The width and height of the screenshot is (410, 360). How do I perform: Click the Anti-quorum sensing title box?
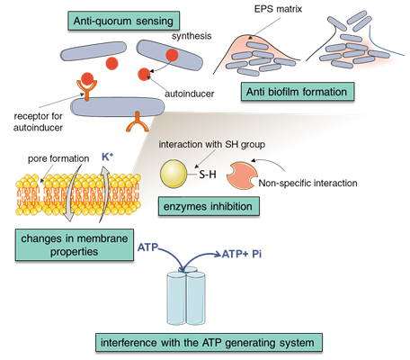coord(123,21)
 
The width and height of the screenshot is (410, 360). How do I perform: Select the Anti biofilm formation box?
coord(298,92)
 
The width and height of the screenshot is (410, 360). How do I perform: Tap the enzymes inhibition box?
coord(209,206)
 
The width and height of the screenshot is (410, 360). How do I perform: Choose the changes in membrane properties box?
coord(75,245)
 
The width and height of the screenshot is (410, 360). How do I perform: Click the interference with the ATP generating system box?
coord(209,342)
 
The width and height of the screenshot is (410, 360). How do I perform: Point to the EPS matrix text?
coord(278,9)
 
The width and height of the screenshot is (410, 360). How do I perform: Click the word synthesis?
coord(192,36)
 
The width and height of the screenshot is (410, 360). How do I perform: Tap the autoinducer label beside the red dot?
coord(190,94)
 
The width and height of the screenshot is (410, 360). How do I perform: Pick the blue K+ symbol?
coord(108,157)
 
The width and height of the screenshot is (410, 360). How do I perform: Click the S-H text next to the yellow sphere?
coord(208,175)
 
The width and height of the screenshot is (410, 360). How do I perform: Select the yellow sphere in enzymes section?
coord(174,175)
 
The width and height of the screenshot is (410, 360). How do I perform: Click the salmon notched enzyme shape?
coord(242,175)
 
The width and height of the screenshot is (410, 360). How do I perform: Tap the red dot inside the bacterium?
coord(172,55)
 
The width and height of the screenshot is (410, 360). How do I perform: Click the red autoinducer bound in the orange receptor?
coord(87,78)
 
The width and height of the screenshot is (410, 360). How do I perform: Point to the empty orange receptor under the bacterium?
coord(138,122)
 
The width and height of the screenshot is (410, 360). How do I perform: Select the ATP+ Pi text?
coord(242,254)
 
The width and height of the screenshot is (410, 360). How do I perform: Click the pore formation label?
coord(58,158)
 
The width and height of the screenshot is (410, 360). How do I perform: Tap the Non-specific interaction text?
coord(307,183)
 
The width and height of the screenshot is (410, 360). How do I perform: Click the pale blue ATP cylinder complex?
coord(186,296)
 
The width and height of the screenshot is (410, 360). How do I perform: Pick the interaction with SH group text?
coord(212,144)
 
